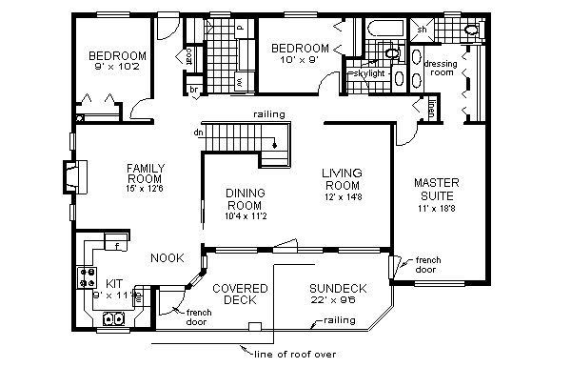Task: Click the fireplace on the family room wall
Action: click(x=76, y=177)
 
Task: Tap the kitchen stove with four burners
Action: click(x=88, y=277)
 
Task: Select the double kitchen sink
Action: click(x=115, y=319)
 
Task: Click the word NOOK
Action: click(x=167, y=257)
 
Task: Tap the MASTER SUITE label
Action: click(x=439, y=188)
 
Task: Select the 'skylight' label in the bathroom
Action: click(x=366, y=73)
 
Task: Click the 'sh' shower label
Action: click(x=421, y=30)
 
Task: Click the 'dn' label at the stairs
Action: click(x=197, y=133)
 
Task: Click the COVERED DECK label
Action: click(x=239, y=294)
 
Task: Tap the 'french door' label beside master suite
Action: click(x=428, y=263)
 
